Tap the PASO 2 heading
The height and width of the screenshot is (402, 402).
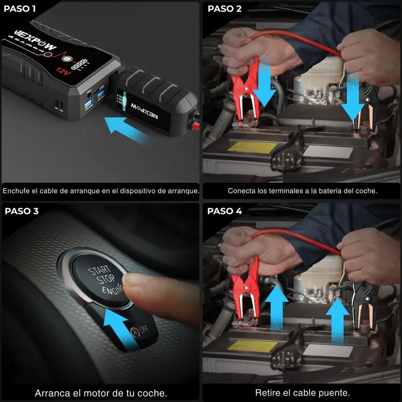[x=224, y=8]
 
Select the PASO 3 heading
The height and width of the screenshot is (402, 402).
[x=21, y=211]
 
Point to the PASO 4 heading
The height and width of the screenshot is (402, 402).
[x=224, y=211]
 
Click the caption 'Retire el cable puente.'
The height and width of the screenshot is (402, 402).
[x=302, y=392]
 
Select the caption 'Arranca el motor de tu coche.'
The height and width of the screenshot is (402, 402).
[x=101, y=393]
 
